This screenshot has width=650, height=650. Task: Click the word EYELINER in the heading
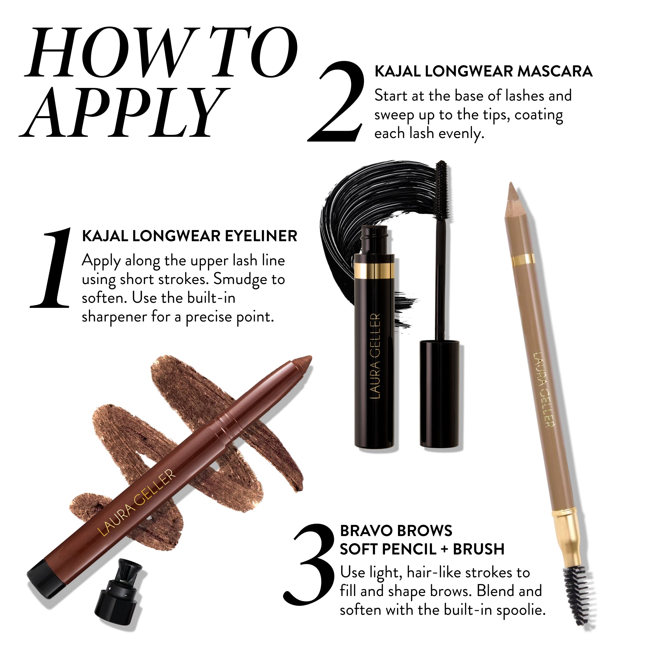pos(261,236)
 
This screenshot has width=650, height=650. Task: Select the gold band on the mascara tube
pos(374,271)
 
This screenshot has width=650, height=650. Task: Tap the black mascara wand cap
pos(440,394)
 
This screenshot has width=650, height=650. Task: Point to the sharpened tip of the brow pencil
pos(514,192)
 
